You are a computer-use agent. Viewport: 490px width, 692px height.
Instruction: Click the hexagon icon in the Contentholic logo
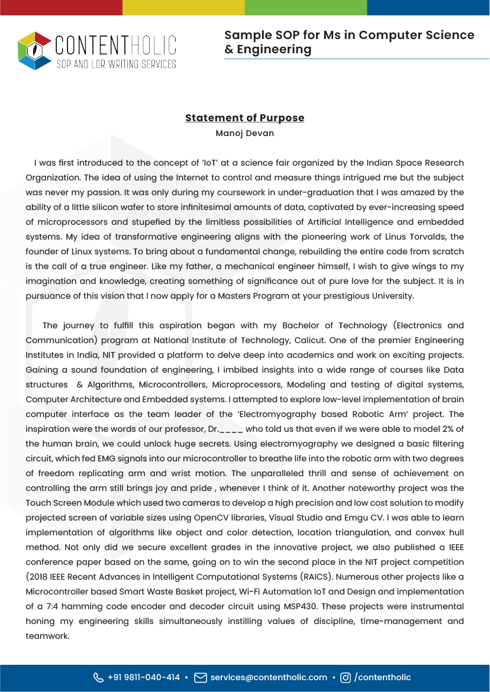[x=35, y=51]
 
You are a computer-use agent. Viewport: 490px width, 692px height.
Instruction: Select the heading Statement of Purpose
[x=244, y=118]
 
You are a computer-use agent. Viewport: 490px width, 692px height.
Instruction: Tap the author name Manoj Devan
[x=244, y=133]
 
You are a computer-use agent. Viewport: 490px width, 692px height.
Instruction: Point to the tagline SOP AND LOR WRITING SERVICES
[x=116, y=64]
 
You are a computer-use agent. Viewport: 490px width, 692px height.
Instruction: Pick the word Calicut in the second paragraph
[x=308, y=340]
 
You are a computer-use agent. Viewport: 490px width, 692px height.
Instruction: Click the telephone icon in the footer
[x=98, y=678]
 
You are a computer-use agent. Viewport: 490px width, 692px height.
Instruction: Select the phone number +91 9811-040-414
[x=144, y=678]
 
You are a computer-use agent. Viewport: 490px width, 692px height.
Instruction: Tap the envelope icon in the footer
[x=200, y=678]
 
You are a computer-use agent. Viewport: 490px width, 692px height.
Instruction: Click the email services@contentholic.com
[x=269, y=678]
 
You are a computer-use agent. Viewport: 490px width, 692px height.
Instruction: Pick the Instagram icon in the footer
[x=346, y=678]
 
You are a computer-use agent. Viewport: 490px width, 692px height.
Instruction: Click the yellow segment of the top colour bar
[x=183, y=7]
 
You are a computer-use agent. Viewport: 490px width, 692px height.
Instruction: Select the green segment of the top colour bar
[x=306, y=7]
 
